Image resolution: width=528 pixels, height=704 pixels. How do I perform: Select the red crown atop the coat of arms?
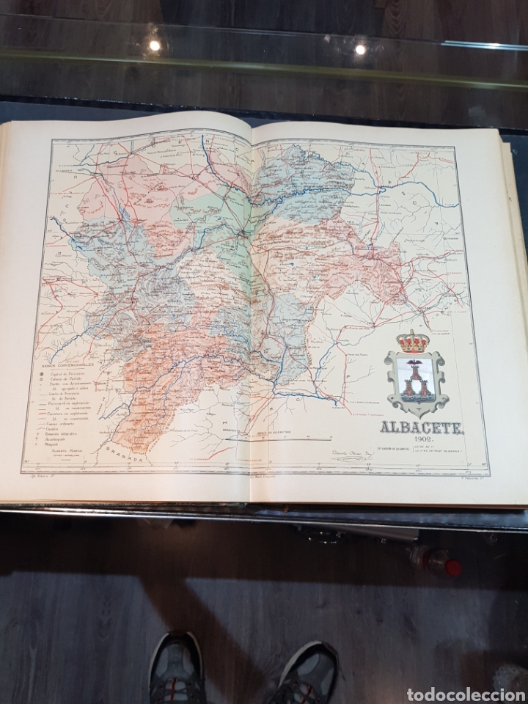click(x=414, y=341)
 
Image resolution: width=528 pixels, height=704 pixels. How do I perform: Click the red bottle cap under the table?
click(x=452, y=567)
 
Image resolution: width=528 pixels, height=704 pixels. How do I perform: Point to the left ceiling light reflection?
click(x=155, y=45)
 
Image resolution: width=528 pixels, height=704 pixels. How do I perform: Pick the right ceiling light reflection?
click(x=360, y=49)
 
